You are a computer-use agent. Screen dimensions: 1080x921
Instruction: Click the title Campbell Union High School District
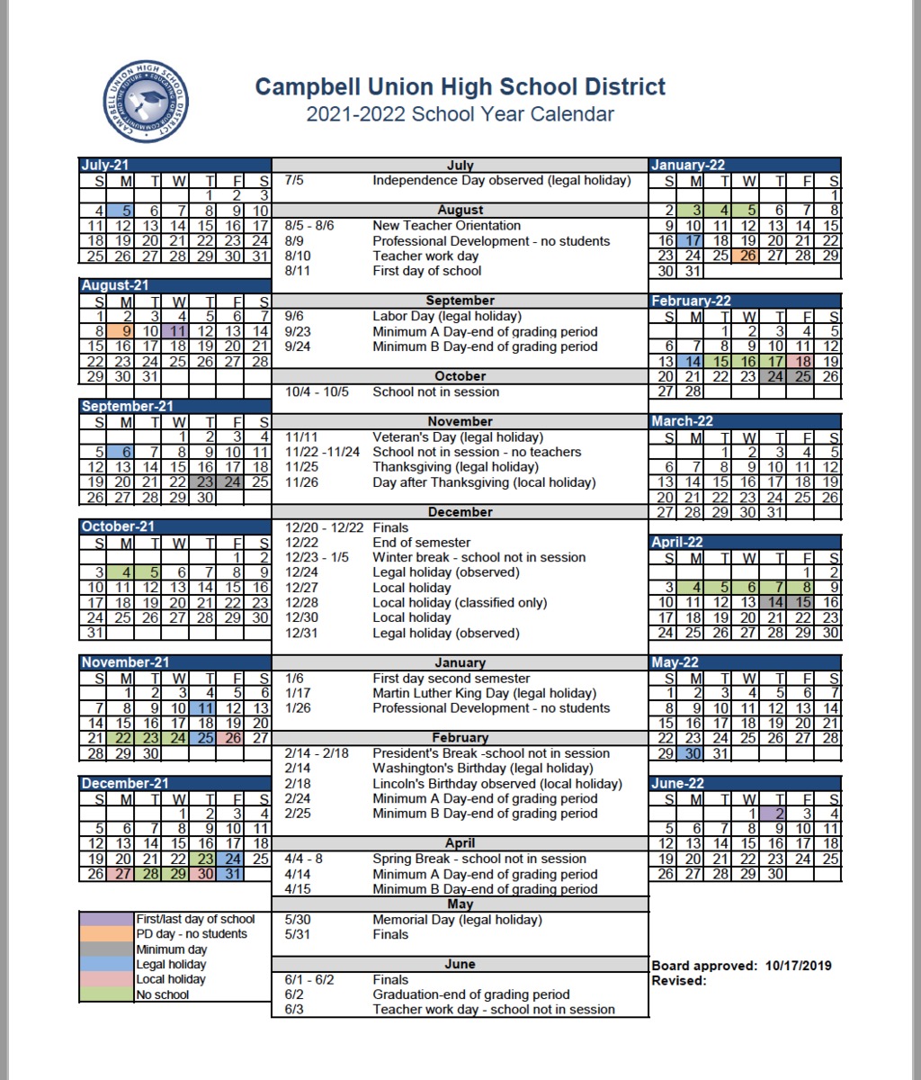(x=460, y=86)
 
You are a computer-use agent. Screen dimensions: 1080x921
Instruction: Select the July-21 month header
(x=106, y=165)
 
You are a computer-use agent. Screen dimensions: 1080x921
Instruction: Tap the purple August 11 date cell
(x=176, y=330)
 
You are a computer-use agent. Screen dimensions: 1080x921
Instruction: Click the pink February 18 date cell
(x=802, y=361)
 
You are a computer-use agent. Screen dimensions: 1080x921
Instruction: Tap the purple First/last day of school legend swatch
(x=106, y=919)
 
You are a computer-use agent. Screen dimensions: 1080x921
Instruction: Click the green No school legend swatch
(x=106, y=994)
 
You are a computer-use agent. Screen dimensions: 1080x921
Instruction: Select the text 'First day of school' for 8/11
(x=426, y=270)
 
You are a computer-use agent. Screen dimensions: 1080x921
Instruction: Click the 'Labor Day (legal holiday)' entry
(x=446, y=316)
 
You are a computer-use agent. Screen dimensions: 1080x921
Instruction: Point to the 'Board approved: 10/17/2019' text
(x=741, y=966)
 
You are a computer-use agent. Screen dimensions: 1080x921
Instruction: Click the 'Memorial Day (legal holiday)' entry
(x=457, y=919)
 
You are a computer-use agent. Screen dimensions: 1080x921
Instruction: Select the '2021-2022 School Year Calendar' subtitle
(x=460, y=114)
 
